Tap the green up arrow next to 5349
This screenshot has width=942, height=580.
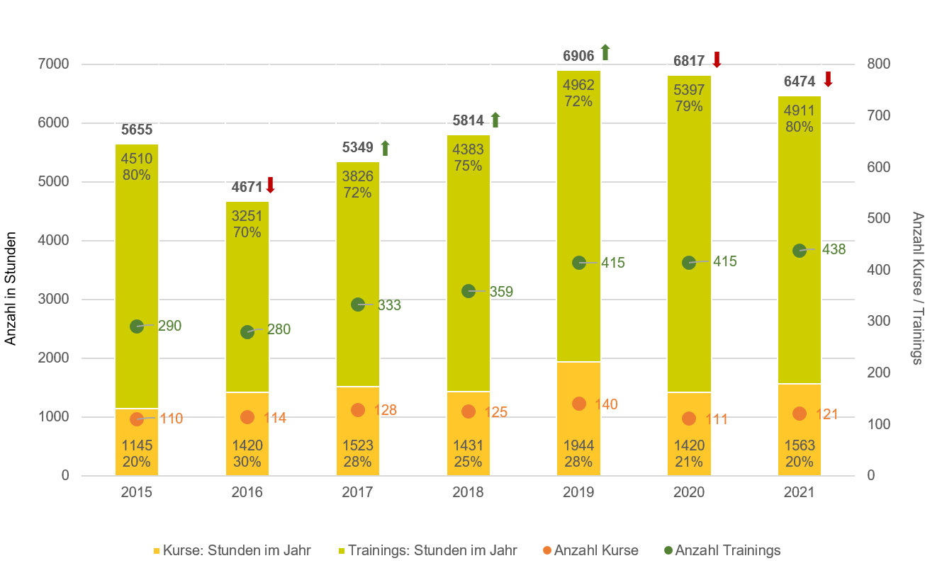coord(385,148)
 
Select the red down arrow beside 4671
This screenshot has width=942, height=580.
coord(270,186)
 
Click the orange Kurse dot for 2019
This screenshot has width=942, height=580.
coord(579,404)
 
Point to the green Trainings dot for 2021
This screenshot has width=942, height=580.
coord(800,250)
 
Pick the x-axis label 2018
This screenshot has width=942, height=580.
coord(468,492)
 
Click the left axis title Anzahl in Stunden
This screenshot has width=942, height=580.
coord(11,291)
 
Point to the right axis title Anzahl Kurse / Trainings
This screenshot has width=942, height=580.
coord(917,288)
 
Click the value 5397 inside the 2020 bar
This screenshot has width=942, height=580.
coord(689,91)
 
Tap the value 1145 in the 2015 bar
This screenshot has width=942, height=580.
coord(137,445)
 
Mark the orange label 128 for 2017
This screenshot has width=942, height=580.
coord(386,410)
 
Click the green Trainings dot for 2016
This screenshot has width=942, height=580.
coord(247,331)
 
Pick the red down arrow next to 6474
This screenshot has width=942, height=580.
coord(827,79)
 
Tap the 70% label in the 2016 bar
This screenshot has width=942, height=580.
coord(247,232)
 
